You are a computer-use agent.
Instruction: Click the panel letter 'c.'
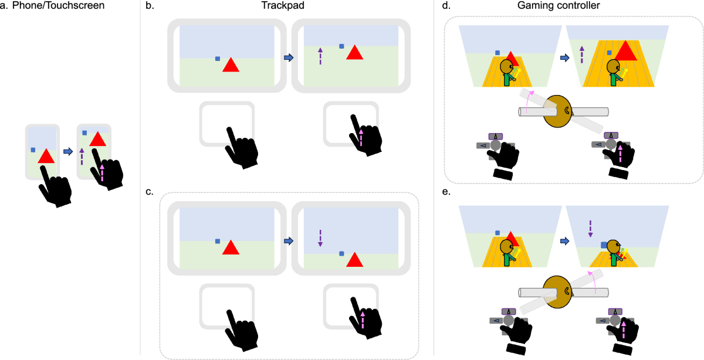tap(150, 192)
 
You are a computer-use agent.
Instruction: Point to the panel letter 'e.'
tap(447, 192)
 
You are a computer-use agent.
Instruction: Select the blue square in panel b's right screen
tap(341, 46)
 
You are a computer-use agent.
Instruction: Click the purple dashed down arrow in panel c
tap(320, 239)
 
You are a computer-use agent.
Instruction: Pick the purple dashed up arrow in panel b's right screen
tap(320, 55)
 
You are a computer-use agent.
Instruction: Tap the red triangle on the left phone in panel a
tap(46, 157)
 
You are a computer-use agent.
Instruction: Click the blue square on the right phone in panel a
tap(85, 133)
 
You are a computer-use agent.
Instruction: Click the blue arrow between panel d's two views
tap(564, 58)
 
